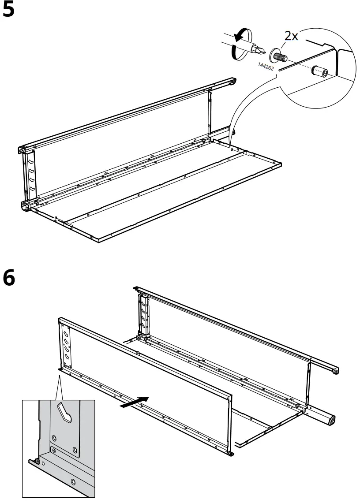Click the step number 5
8,10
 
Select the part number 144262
266,67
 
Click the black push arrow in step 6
134,402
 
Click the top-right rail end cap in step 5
232,82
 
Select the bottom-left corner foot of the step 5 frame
26,206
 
